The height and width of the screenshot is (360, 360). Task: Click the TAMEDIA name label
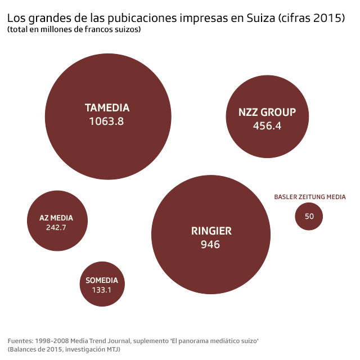(x=107, y=107)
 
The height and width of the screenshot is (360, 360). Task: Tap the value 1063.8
(x=106, y=121)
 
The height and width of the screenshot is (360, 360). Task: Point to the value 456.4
(x=267, y=126)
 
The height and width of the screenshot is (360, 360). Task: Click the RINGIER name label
(x=211, y=231)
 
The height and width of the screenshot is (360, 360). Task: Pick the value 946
(x=210, y=245)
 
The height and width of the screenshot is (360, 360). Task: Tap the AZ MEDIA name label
(x=56, y=218)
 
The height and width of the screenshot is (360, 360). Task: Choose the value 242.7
(x=56, y=228)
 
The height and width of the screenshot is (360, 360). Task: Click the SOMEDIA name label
(x=102, y=281)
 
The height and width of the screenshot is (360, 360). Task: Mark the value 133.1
(x=102, y=290)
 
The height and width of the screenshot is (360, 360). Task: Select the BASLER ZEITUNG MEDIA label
(x=310, y=197)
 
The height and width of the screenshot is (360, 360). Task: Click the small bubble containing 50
(x=309, y=217)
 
